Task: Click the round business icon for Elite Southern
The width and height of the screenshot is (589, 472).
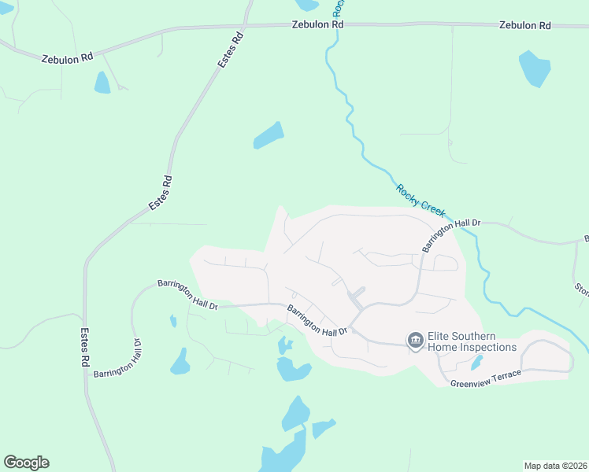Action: (415, 340)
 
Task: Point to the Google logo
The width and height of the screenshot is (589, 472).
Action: (26, 463)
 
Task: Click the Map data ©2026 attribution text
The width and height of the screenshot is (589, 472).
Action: (555, 465)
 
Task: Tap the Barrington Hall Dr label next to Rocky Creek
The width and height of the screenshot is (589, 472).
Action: (439, 235)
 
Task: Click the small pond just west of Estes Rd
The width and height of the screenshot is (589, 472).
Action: (102, 83)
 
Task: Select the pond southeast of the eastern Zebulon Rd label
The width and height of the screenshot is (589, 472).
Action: (535, 69)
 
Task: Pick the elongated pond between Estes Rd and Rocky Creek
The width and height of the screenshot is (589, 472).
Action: (268, 135)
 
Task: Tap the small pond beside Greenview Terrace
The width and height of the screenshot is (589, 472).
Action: (476, 363)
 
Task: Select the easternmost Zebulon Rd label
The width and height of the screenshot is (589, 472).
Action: (524, 26)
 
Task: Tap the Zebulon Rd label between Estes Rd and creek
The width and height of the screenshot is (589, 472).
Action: (317, 25)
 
